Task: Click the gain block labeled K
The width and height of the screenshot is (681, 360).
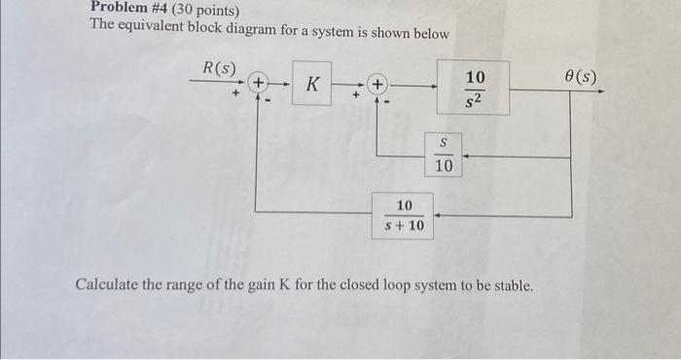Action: [311, 85]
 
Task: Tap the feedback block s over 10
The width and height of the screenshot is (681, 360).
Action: [444, 155]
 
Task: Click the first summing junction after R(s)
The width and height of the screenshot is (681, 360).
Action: [260, 84]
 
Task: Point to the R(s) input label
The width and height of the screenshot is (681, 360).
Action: [219, 68]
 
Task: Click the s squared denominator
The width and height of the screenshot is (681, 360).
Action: [474, 99]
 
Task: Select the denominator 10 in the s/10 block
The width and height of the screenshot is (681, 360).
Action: [444, 166]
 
